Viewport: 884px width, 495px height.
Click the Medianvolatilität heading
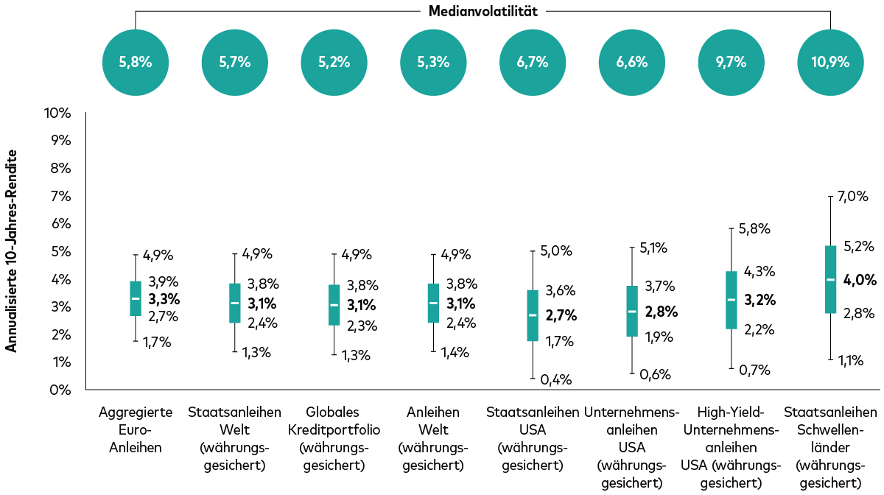point(483,11)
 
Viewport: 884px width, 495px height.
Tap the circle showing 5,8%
point(136,62)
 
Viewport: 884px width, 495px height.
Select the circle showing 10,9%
point(830,62)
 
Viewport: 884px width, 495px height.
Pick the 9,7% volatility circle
point(731,62)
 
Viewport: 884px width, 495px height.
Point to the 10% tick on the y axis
point(57,113)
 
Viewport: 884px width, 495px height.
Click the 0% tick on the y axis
point(60,390)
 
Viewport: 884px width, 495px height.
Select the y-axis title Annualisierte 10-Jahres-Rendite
point(12,250)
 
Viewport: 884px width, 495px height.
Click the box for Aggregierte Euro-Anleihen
point(136,298)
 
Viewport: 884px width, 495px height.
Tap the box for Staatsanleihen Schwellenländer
point(830,279)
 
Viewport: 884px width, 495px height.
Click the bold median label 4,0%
point(860,280)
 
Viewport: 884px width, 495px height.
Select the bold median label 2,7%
point(561,315)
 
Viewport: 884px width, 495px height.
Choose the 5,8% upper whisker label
point(754,229)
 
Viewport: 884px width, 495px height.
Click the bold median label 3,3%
point(164,299)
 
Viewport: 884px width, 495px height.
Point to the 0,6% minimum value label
point(654,374)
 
